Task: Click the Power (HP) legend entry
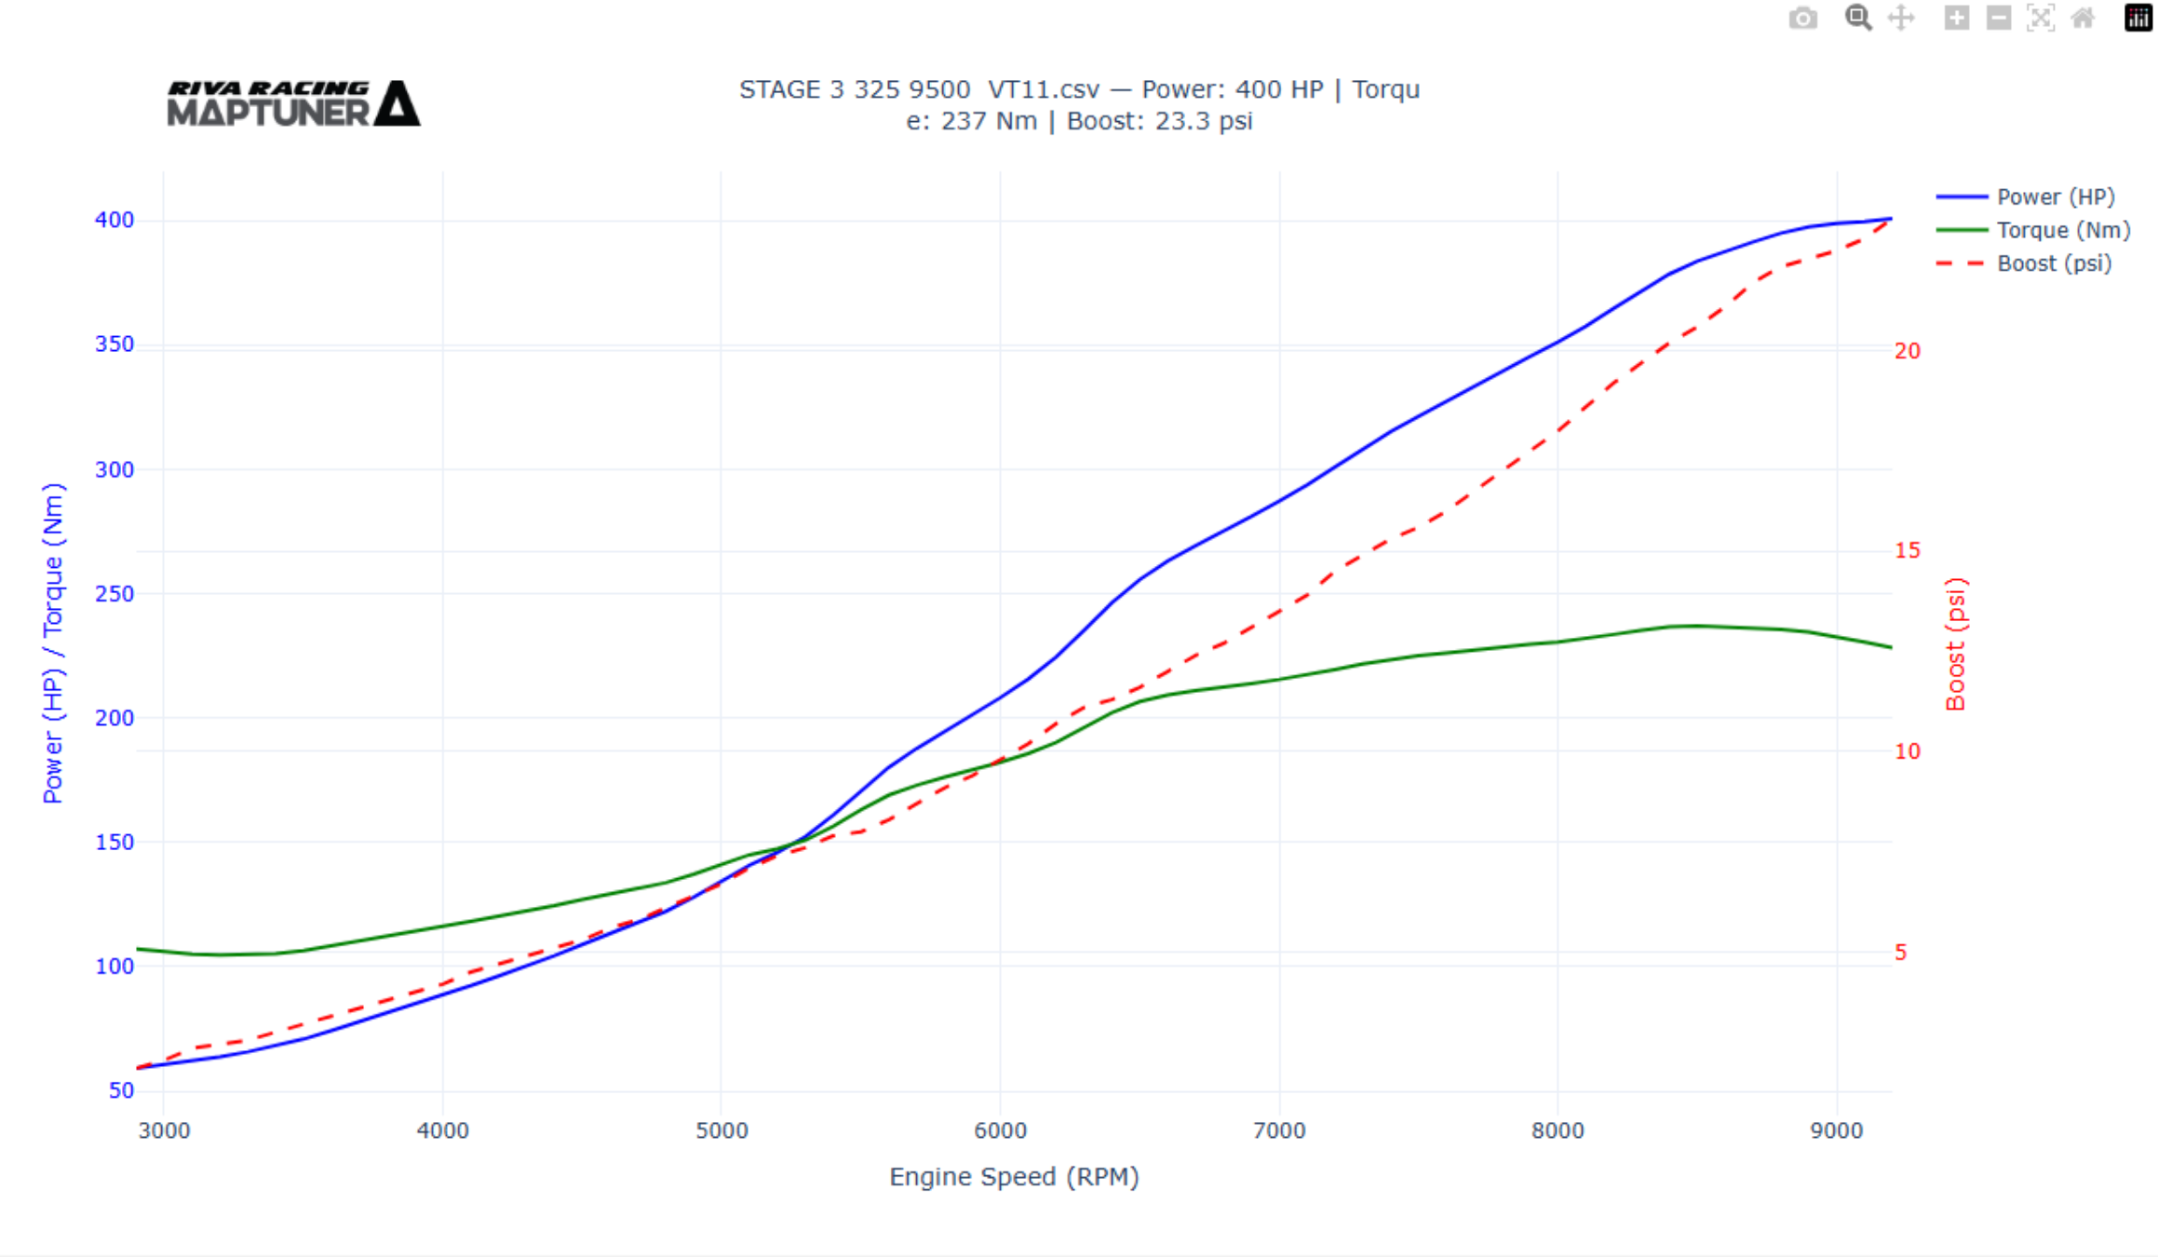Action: (x=2055, y=197)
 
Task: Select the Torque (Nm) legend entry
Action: (x=2062, y=230)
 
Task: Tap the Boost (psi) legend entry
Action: (x=2053, y=264)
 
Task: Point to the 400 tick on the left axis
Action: (x=115, y=220)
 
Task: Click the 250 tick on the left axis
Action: (x=115, y=594)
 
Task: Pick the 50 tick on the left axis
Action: (x=121, y=1090)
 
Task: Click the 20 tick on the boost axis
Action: (x=1907, y=351)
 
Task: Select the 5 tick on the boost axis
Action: (x=1900, y=953)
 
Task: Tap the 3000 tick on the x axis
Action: (x=164, y=1131)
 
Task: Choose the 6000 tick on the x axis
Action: (x=1000, y=1131)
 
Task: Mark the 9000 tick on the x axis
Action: (x=1836, y=1131)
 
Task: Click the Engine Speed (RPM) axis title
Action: (x=1014, y=1177)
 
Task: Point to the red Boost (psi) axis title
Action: (x=1955, y=644)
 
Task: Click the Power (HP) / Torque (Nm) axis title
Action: (x=53, y=642)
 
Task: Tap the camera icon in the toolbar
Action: (x=1802, y=19)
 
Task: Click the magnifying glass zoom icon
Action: (x=1857, y=19)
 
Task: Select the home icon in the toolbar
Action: (x=2083, y=19)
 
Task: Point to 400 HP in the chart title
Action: (x=1279, y=89)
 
